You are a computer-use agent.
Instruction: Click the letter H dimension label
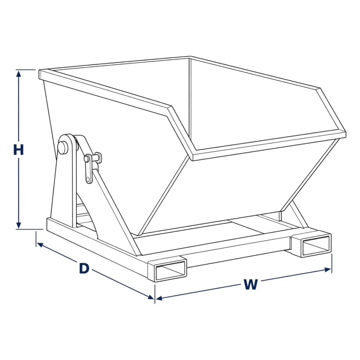point(18,149)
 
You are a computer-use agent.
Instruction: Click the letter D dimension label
point(84,268)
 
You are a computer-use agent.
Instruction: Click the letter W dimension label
point(251,284)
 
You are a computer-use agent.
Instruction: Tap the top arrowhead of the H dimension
point(19,73)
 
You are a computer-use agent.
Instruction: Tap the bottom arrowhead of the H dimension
point(19,225)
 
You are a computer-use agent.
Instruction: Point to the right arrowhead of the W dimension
point(328,270)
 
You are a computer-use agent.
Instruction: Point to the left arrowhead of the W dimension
point(159,298)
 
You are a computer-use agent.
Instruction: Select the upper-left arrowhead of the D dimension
point(40,245)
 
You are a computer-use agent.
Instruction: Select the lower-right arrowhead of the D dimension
point(150,297)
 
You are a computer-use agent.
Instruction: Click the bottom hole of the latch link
point(89,179)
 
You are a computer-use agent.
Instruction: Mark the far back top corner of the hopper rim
point(190,57)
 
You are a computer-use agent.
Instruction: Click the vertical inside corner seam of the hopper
point(190,99)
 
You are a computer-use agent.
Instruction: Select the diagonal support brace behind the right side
point(298,214)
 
